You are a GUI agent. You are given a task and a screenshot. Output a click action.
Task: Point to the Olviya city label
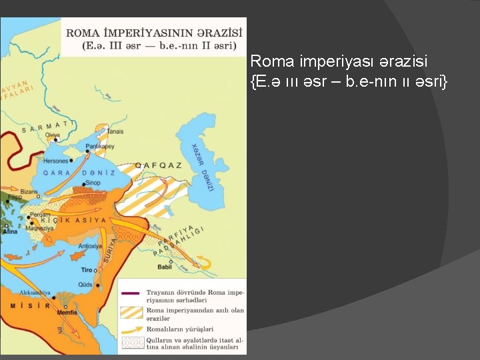point(52,135)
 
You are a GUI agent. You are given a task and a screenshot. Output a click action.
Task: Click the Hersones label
point(56,161)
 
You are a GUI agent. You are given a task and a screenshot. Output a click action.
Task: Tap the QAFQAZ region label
point(158,165)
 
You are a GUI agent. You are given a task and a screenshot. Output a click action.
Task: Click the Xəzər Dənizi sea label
point(201,166)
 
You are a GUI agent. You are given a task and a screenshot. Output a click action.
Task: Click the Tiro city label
point(87,270)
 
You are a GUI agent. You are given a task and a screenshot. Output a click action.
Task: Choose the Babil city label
point(164,267)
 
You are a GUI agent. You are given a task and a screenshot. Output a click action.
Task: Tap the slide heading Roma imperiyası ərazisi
point(339,61)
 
